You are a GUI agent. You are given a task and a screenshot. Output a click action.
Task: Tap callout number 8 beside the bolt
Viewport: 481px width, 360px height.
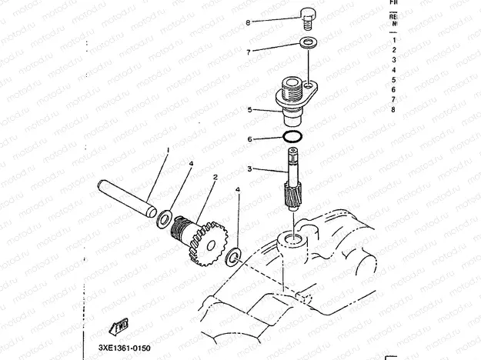248,23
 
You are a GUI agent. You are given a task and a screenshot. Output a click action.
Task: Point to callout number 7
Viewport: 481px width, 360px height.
248,52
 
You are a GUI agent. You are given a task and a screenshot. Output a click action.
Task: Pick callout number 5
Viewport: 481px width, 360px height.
249,110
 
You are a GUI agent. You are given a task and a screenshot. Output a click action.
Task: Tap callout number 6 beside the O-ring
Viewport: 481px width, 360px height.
249,139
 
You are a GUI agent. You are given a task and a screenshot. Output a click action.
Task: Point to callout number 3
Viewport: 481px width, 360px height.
249,168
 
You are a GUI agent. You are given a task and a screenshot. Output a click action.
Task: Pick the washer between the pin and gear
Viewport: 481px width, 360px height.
164,219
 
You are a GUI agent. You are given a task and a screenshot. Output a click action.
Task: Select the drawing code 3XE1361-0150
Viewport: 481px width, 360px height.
124,348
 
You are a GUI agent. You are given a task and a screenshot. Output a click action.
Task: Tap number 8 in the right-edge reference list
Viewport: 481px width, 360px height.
393,109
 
